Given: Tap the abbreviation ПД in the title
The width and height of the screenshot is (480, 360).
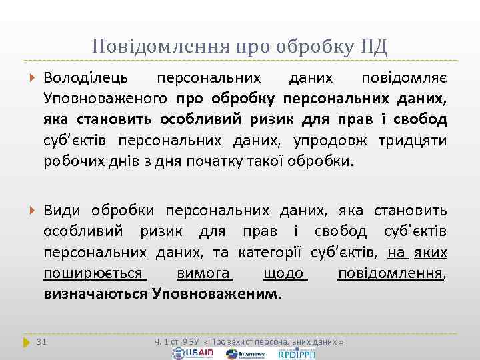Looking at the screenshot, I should coord(373,46).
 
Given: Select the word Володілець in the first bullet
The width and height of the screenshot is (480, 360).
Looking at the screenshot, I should coord(87,79).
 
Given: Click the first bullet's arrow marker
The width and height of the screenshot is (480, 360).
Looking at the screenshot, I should coord(33,79).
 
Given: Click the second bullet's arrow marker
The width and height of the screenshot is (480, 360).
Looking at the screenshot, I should coord(33,211).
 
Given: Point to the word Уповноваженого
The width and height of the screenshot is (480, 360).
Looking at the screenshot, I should coord(105,99).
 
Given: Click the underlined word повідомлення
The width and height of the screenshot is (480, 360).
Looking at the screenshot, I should coord(391,273).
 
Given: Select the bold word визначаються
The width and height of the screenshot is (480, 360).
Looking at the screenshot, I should coord(95,293).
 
